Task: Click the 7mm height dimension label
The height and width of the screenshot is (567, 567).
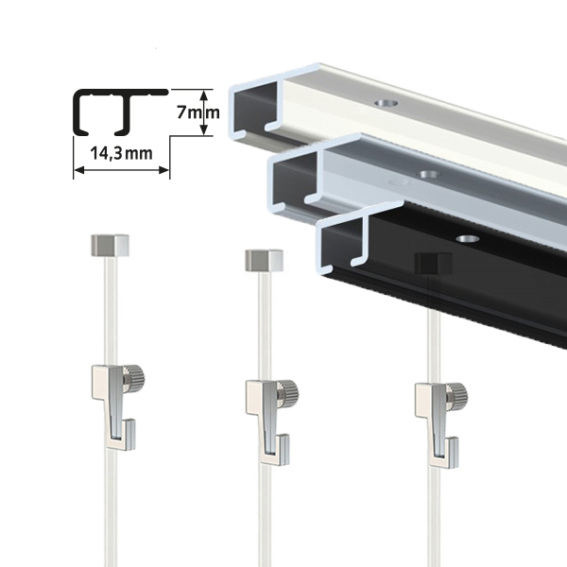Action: pos(198,112)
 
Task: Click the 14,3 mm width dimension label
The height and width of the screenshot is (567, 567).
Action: pos(121,154)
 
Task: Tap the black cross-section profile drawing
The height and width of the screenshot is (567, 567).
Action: pos(121,112)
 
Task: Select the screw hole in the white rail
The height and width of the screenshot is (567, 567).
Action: pos(387,103)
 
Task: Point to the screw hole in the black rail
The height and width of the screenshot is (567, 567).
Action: pos(467,239)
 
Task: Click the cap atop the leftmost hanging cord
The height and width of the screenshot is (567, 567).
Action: pos(110,246)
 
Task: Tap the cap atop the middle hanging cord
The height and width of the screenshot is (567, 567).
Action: pos(265,261)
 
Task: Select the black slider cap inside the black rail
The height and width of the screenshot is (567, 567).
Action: pos(433,263)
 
